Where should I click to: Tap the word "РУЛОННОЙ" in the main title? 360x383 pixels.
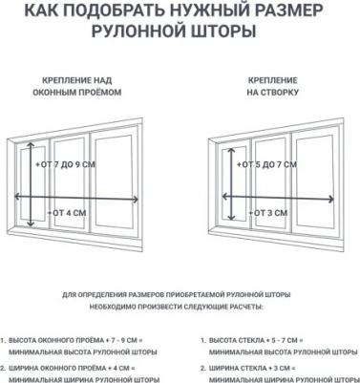(147, 32)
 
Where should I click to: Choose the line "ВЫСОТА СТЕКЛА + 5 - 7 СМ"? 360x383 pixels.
(255, 339)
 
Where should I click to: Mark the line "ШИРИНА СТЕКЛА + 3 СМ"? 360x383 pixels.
(250, 367)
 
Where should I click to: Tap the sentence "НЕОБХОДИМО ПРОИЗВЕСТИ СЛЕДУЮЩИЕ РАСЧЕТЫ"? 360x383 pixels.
(180, 308)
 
